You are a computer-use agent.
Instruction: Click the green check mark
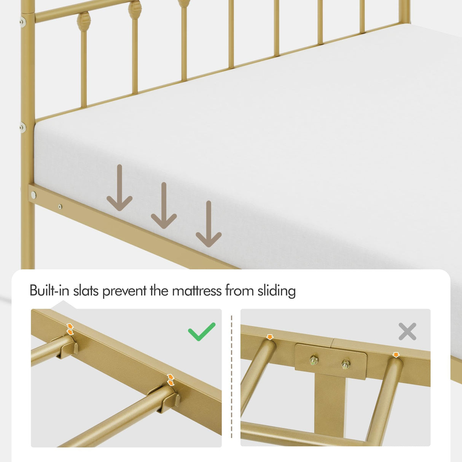point(202,331)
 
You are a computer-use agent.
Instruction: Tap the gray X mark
point(407,331)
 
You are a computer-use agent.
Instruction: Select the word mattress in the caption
point(197,291)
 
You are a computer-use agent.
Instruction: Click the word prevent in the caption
point(124,291)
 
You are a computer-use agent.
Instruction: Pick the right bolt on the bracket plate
point(346,364)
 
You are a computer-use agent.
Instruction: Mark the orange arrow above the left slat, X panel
point(270,337)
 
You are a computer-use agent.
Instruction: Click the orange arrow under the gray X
point(396,355)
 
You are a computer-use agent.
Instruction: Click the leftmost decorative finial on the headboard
point(83,22)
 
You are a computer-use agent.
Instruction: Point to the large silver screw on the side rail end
point(34,195)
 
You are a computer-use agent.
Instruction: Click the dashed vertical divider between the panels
point(231,377)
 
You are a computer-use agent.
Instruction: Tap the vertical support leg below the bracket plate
point(329,403)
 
